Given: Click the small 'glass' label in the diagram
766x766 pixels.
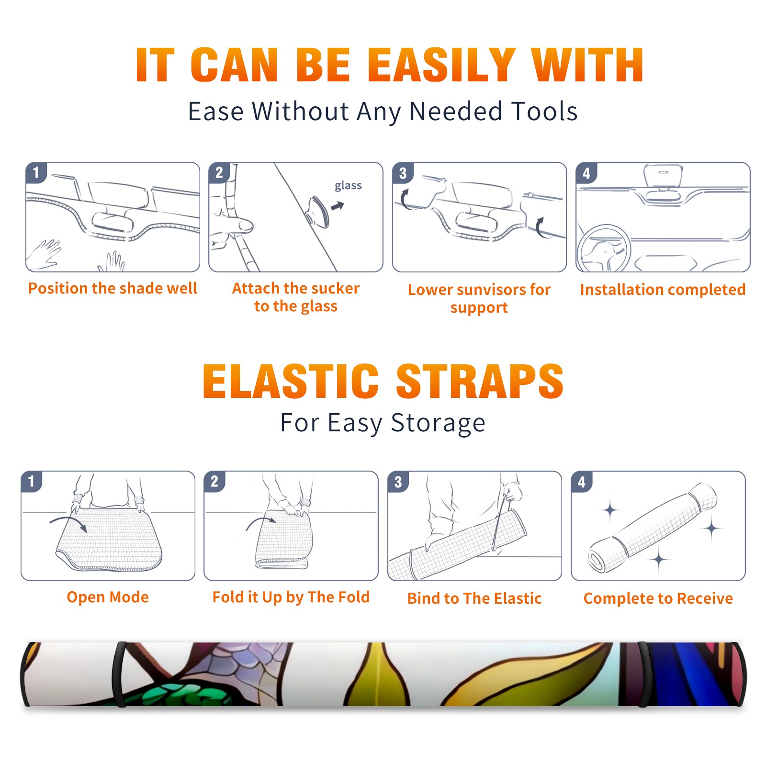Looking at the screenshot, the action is pos(348,186).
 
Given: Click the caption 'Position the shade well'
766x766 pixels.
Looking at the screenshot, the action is pos(113,288).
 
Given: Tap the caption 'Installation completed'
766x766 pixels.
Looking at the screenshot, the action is pos(663,290).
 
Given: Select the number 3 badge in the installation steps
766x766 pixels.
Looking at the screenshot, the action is pos(403,173).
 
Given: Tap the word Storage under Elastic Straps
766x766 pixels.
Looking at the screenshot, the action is pos(438,423).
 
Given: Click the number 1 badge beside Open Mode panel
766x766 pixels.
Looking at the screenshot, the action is pos(32,481).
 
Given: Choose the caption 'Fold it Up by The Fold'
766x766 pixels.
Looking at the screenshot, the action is pos(291,597).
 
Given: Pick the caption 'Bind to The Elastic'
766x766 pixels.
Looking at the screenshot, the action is pos(474,598).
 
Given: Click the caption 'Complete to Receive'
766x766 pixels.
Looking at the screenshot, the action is pos(658,598).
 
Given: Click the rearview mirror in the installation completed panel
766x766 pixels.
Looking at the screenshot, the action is pos(663,176).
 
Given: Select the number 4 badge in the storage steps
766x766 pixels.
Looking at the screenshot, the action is pos(582,482).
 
